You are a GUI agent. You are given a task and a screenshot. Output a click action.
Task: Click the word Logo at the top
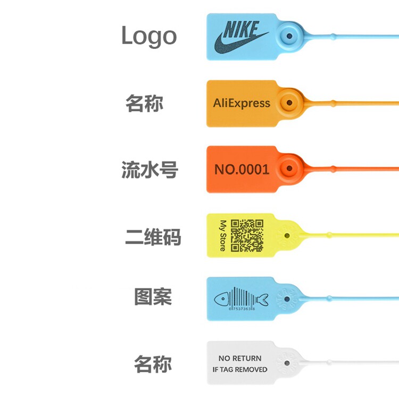148,36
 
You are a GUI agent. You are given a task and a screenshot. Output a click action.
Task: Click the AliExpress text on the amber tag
242,103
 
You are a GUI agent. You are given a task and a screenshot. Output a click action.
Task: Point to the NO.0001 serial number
242,170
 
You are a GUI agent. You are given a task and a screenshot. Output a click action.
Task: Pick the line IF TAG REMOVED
240,369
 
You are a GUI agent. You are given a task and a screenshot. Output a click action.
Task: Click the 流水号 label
149,170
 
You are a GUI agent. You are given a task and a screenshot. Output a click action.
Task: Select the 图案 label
153,296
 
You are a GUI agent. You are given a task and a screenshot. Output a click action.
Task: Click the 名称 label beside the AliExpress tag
144,103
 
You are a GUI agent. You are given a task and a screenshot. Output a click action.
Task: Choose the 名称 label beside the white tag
153,365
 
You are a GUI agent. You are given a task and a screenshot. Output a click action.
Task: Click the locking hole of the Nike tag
289,36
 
